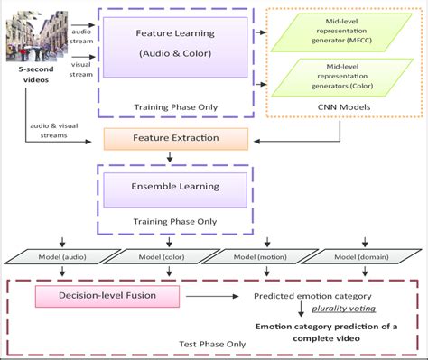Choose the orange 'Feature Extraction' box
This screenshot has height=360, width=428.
[175, 140]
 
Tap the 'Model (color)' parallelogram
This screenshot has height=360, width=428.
[159, 256]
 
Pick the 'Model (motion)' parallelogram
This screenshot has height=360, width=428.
[262, 256]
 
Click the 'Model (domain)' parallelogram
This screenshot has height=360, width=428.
[365, 256]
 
